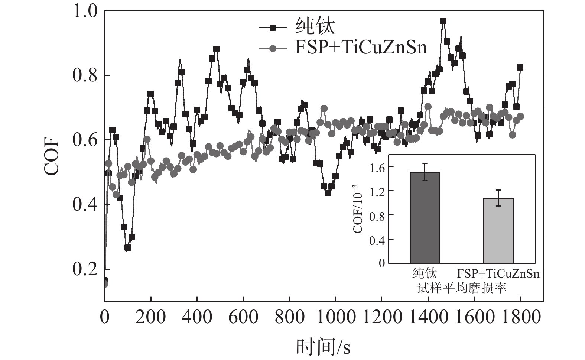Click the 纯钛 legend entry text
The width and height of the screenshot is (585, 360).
[315, 27]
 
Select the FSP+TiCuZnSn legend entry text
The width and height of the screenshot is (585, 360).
[361, 48]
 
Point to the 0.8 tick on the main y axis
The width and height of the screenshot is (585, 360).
[85, 75]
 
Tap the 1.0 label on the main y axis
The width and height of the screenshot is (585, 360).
[85, 11]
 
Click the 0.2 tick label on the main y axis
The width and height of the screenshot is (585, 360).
[85, 269]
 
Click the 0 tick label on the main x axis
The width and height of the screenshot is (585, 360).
[105, 318]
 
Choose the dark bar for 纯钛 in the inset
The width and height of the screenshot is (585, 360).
[425, 218]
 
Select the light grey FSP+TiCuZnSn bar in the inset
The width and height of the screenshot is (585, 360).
[498, 231]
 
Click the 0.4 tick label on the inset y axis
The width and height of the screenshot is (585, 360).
[377, 240]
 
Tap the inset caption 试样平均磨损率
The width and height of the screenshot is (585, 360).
[462, 288]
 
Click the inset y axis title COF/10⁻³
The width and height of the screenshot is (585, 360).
[358, 208]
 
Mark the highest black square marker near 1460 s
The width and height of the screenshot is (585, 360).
[443, 21]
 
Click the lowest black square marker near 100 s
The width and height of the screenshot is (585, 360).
[128, 247]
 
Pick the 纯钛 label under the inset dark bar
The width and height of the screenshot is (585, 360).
[425, 274]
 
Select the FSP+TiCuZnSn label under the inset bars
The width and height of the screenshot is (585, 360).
[498, 274]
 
